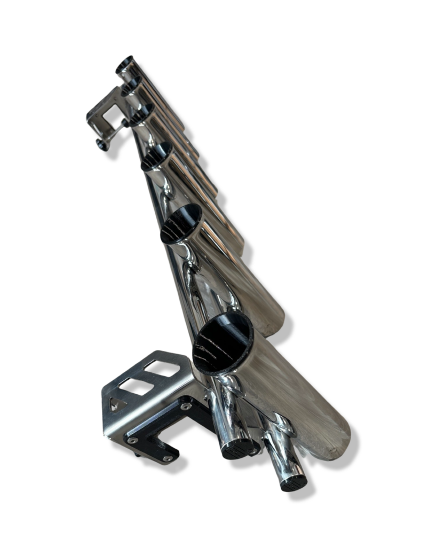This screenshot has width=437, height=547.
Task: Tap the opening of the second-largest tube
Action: click(181, 223)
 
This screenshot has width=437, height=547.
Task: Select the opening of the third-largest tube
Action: click(157, 156)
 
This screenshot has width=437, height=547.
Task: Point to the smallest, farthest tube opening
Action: click(125, 65)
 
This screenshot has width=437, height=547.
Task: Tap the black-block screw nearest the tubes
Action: click(185, 407)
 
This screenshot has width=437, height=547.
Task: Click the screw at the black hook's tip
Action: click(168, 458)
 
